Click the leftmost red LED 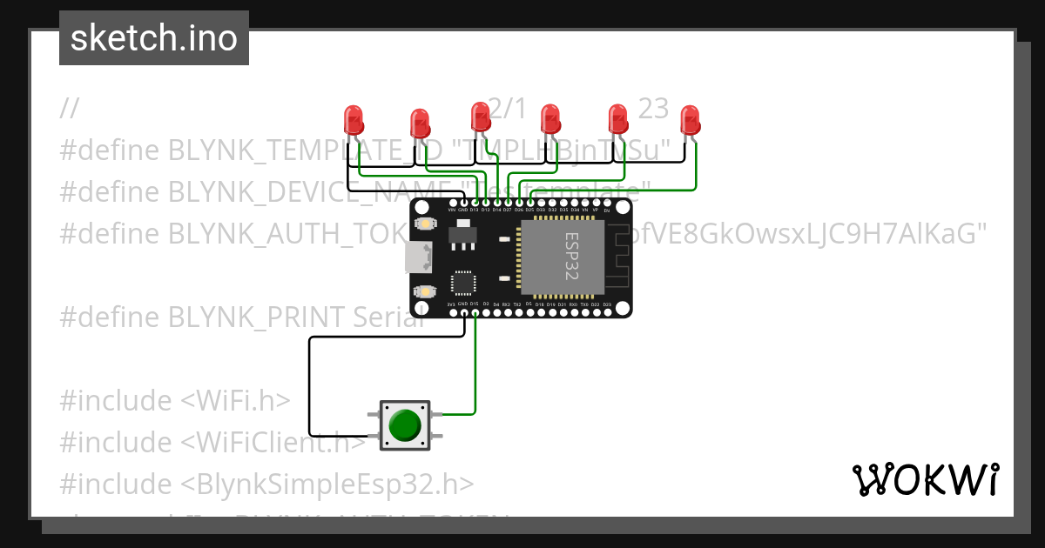point(353,119)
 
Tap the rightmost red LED point(690,120)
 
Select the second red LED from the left point(420,123)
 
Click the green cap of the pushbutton point(405,425)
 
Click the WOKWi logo point(925,479)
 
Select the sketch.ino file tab point(154,38)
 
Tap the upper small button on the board point(425,224)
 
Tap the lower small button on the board point(425,291)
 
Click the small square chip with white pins point(463,284)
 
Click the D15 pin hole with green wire point(475,312)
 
